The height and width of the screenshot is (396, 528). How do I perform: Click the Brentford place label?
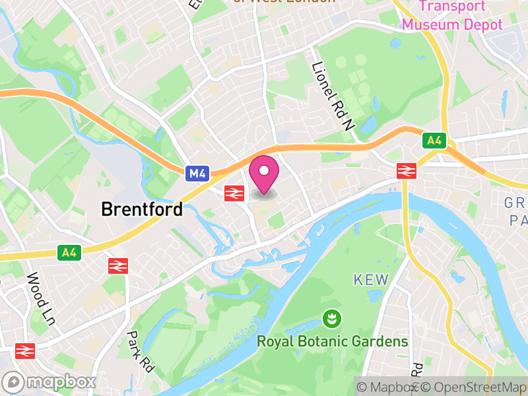142,209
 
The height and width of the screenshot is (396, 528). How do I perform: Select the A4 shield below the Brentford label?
69,252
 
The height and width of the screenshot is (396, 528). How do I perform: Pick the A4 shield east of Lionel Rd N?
434,141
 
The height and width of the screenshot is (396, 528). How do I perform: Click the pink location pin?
264,173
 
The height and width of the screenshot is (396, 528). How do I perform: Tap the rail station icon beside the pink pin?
234,193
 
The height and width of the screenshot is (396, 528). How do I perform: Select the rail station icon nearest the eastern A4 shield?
406,171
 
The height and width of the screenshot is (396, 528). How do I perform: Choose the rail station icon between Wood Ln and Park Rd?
117,265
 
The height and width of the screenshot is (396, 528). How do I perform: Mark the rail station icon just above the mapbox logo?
24,350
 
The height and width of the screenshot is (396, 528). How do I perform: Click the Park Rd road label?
140,352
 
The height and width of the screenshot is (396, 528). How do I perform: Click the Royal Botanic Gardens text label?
332,342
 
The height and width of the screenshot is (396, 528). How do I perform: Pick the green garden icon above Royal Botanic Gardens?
328,319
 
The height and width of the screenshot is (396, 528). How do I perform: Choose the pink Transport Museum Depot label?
452,16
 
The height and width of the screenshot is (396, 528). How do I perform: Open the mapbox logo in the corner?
49,382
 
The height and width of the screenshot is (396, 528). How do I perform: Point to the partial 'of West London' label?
284,2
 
